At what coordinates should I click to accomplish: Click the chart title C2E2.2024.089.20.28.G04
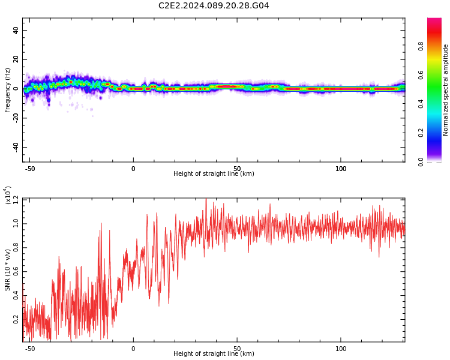[x=214, y=6]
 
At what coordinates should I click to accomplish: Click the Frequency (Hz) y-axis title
[x=8, y=90]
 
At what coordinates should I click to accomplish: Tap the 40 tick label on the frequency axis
[x=16, y=30]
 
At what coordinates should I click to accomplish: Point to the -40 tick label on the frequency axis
[x=14, y=147]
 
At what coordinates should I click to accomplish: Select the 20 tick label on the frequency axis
[x=16, y=59]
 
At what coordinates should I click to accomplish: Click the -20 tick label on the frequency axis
[x=14, y=118]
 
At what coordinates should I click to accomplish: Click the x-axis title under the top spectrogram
[x=214, y=174]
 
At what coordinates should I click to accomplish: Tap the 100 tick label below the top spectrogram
[x=341, y=169]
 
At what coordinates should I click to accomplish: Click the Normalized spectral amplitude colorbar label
[x=446, y=90]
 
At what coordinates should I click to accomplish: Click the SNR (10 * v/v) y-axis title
[x=8, y=270]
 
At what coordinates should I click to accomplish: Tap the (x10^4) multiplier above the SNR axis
[x=8, y=194]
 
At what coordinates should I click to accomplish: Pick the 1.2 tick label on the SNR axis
[x=16, y=199]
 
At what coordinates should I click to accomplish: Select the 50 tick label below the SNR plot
[x=237, y=349]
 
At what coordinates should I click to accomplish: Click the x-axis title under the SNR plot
[x=214, y=354]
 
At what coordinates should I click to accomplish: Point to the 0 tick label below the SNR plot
[x=133, y=349]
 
